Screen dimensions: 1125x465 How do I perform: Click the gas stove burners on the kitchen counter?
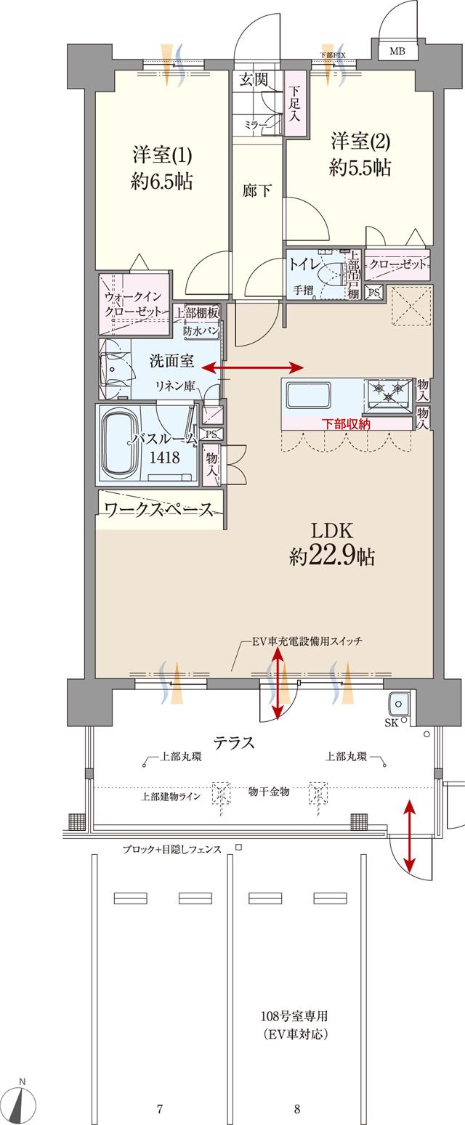pyautogui.click(x=389, y=392)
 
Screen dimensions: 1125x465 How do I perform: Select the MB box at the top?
pyautogui.click(x=397, y=51)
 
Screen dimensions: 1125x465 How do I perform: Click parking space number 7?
pyautogui.click(x=159, y=1109)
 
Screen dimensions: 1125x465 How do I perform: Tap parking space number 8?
pyautogui.click(x=297, y=1109)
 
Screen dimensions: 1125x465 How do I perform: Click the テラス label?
pyautogui.click(x=233, y=742)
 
